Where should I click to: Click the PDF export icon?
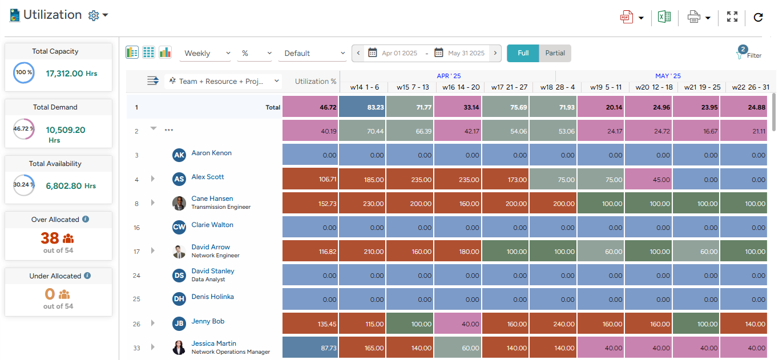(x=627, y=17)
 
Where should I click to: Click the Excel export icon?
(x=664, y=17)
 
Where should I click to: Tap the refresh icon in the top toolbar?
(x=758, y=17)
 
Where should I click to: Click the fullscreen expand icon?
(x=732, y=17)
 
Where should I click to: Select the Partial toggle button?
(x=555, y=53)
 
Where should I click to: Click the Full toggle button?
(x=523, y=53)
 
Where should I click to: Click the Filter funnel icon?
(x=740, y=55)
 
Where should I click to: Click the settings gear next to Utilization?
(x=94, y=16)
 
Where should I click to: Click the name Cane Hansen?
(x=212, y=199)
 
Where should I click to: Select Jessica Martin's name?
(x=213, y=343)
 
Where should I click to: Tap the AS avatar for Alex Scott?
(x=179, y=179)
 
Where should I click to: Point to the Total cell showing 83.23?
(x=362, y=107)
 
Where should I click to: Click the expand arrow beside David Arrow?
(x=153, y=250)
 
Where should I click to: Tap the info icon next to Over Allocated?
(x=86, y=219)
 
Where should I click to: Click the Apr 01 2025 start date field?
(x=399, y=53)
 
